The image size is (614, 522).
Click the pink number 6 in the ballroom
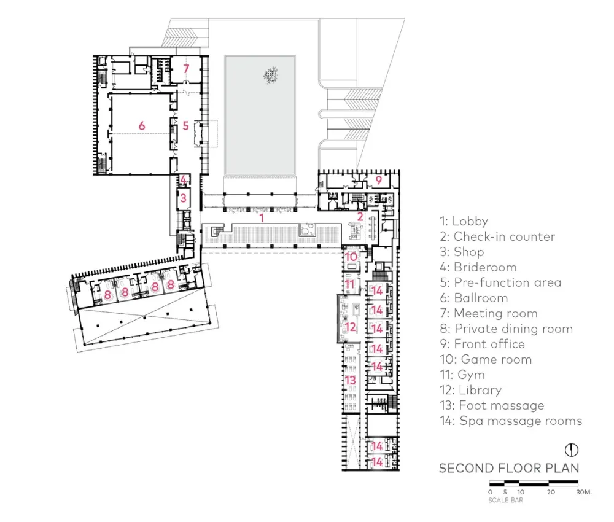pyautogui.click(x=142, y=125)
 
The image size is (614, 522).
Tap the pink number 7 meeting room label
pyautogui.click(x=186, y=68)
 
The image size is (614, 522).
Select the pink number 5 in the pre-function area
pyautogui.click(x=185, y=125)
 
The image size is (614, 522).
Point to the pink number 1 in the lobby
pyautogui.click(x=262, y=217)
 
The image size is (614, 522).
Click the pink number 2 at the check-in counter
pyautogui.click(x=360, y=216)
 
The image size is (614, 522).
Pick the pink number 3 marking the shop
pyautogui.click(x=183, y=198)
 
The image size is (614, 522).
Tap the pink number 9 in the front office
pyautogui.click(x=379, y=180)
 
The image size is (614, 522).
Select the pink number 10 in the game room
pyautogui.click(x=351, y=257)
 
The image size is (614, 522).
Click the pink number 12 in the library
pyautogui.click(x=351, y=327)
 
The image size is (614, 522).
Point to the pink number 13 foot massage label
pyautogui.click(x=351, y=381)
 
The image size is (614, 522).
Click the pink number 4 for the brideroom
pyautogui.click(x=183, y=179)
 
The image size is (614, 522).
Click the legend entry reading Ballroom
pyautogui.click(x=473, y=298)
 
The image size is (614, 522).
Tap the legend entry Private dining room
pyautogui.click(x=506, y=329)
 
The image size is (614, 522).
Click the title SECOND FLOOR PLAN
pyautogui.click(x=509, y=468)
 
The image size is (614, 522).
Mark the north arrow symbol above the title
pyautogui.click(x=570, y=449)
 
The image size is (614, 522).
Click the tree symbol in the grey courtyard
pyautogui.click(x=270, y=76)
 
